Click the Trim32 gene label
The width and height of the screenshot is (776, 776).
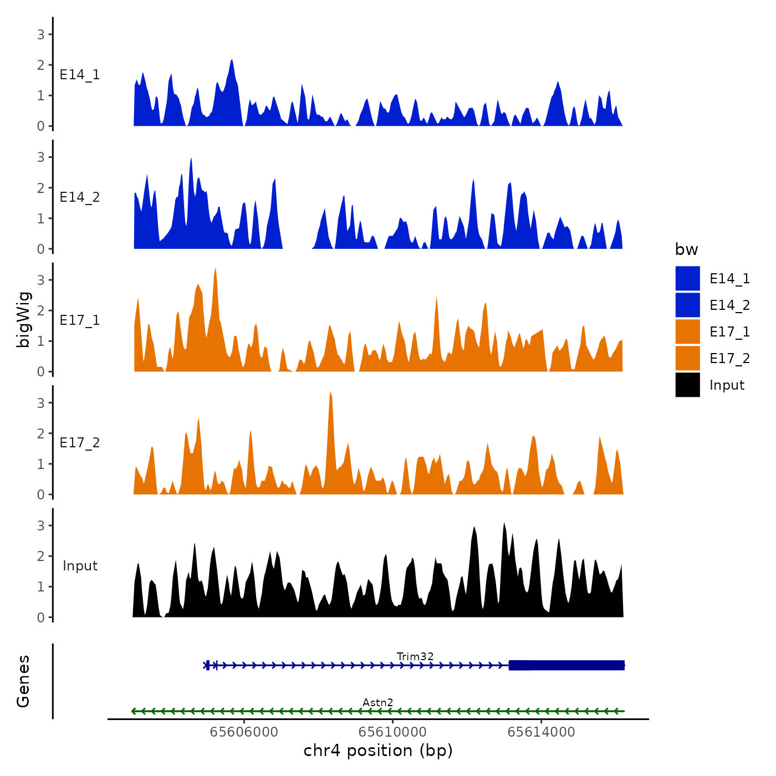(415, 656)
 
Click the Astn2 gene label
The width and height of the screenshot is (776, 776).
(378, 702)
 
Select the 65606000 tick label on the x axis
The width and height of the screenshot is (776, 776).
(244, 732)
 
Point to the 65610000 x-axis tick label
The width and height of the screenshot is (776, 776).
(392, 732)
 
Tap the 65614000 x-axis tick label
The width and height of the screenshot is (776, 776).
(541, 732)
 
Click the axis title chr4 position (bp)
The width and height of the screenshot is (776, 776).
(378, 751)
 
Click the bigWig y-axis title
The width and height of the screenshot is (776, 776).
(24, 319)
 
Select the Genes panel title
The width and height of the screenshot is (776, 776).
(23, 681)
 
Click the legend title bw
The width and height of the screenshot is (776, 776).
(686, 249)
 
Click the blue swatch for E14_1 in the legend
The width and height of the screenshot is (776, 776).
(687, 278)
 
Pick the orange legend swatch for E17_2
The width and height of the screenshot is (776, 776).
(687, 358)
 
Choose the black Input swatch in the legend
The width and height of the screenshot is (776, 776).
(687, 385)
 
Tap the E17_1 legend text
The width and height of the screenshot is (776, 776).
(729, 331)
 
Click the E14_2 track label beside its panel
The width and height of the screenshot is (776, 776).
(80, 197)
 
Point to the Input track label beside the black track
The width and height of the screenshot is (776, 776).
(80, 565)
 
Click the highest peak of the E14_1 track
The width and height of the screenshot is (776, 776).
(232, 61)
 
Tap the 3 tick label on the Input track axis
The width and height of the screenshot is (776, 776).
(41, 525)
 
